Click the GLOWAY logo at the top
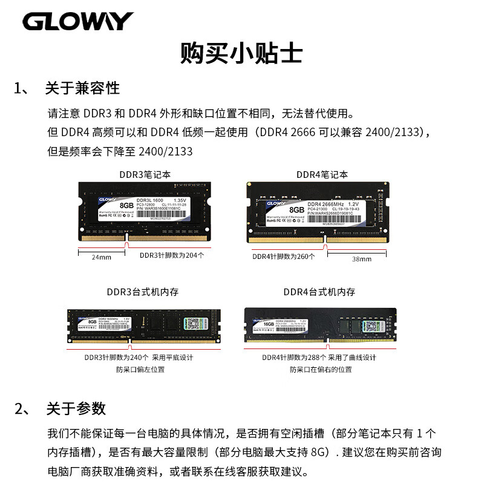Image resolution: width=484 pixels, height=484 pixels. click(x=78, y=21)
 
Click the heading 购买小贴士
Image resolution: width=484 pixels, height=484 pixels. click(x=241, y=53)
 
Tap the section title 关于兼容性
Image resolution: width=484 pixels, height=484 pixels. click(x=82, y=88)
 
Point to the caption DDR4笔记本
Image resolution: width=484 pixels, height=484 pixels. click(x=322, y=174)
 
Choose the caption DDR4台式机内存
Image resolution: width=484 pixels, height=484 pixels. click(x=319, y=292)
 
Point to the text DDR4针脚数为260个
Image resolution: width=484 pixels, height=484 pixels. click(x=284, y=257)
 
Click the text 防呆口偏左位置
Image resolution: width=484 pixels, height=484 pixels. click(x=140, y=369)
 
